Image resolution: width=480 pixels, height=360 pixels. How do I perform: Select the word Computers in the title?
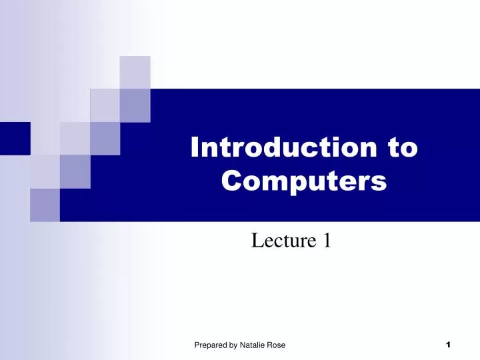[304, 180]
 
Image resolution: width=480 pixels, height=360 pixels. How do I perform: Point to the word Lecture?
[281, 240]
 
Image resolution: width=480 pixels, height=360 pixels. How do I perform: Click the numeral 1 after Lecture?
[327, 240]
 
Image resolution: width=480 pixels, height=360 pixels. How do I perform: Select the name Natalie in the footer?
[255, 345]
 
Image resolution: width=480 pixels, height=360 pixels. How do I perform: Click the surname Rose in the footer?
[277, 345]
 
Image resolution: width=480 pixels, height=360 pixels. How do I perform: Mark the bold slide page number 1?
[448, 344]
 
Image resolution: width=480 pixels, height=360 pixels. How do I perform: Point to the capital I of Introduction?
[195, 147]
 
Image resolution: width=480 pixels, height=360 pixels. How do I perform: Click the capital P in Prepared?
[197, 345]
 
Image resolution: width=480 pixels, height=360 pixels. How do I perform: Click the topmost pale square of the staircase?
[135, 72]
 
